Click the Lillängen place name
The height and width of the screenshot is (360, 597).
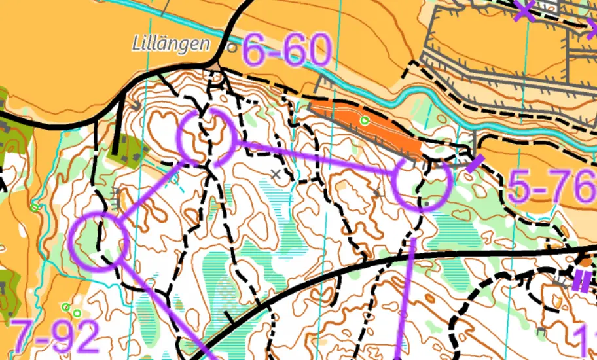[171, 45]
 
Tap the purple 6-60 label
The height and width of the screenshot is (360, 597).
[286, 50]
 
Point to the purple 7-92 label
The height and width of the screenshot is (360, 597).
[56, 336]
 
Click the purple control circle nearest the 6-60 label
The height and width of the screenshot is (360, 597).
[207, 137]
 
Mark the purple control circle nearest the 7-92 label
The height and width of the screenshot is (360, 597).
[98, 242]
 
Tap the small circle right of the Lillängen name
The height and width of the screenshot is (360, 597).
[231, 48]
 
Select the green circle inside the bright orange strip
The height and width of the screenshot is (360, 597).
[365, 120]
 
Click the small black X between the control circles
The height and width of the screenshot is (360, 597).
[278, 174]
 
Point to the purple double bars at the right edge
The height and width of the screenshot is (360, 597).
[581, 281]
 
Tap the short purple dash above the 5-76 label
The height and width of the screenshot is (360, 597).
[476, 162]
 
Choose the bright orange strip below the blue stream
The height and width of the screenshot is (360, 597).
[367, 128]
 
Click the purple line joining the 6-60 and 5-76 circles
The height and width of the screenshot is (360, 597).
[314, 156]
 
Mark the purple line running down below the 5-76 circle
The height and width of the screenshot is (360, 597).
[406, 295]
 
